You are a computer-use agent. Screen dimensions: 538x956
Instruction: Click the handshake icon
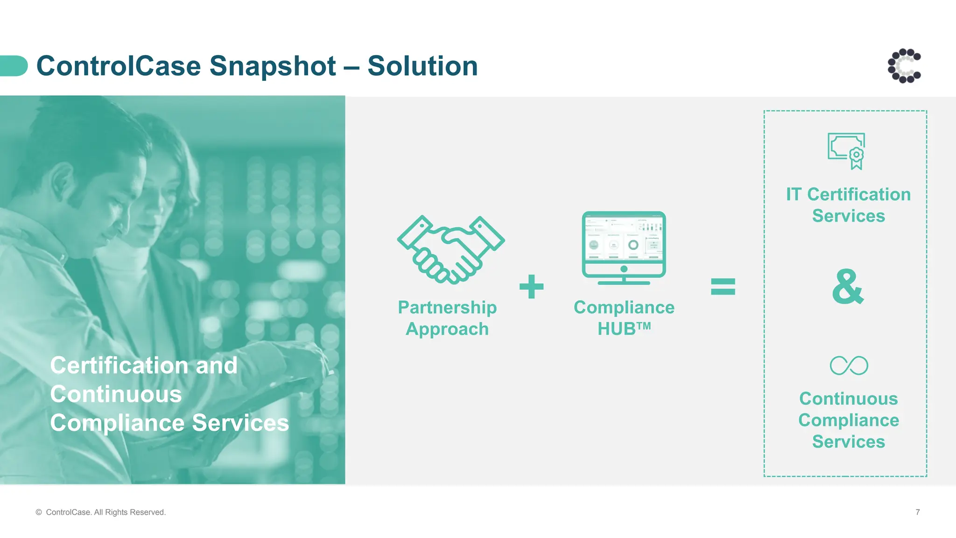click(450, 250)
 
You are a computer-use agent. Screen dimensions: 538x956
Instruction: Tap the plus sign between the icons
click(532, 286)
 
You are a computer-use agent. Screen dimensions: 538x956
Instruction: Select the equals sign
click(723, 286)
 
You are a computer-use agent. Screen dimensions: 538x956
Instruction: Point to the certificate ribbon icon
click(847, 151)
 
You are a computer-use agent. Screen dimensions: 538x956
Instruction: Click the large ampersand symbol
click(848, 287)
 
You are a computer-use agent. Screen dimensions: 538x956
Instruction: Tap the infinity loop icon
click(849, 365)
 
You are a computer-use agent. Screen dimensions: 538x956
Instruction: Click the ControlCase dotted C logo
click(904, 66)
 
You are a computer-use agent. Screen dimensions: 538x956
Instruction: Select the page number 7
click(917, 512)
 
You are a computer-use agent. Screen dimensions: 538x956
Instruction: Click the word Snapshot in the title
click(272, 66)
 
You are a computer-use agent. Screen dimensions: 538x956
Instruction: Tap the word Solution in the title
click(422, 66)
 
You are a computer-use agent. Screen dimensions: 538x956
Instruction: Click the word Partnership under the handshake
click(447, 307)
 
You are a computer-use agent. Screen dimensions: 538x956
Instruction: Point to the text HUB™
click(624, 329)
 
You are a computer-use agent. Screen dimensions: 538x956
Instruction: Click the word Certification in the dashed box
click(859, 194)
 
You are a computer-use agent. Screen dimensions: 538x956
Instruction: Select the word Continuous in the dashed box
click(848, 399)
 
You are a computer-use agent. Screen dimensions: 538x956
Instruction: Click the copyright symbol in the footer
click(39, 512)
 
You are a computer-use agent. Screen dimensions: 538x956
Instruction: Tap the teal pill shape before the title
click(13, 66)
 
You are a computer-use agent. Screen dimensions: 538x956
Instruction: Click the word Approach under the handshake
click(447, 329)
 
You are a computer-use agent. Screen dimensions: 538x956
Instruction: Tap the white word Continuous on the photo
click(116, 394)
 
